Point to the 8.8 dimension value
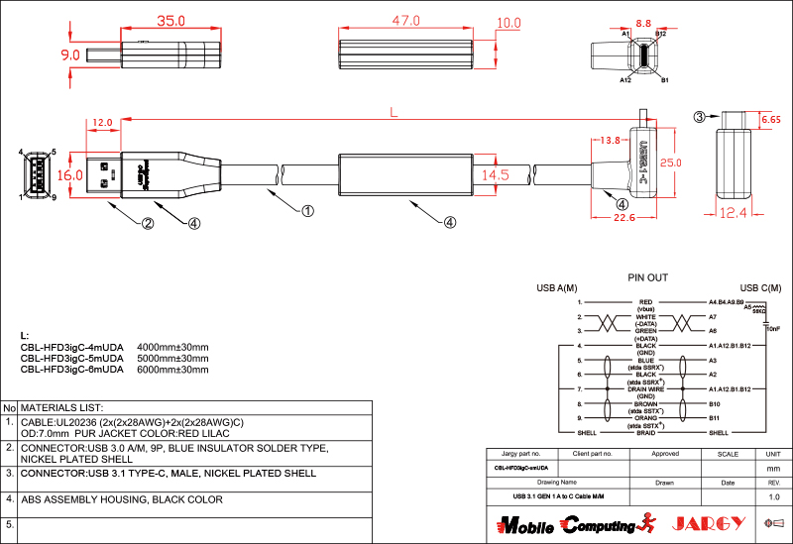(x=643, y=22)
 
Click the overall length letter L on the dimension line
(x=394, y=114)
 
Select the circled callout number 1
(x=307, y=211)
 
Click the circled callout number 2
(x=147, y=223)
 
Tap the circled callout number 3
(x=700, y=117)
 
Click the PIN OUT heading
(x=648, y=278)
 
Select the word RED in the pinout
(x=645, y=301)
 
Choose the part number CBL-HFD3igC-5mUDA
(x=71, y=358)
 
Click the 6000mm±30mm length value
(x=172, y=369)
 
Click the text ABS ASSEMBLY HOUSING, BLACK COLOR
(x=122, y=499)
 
